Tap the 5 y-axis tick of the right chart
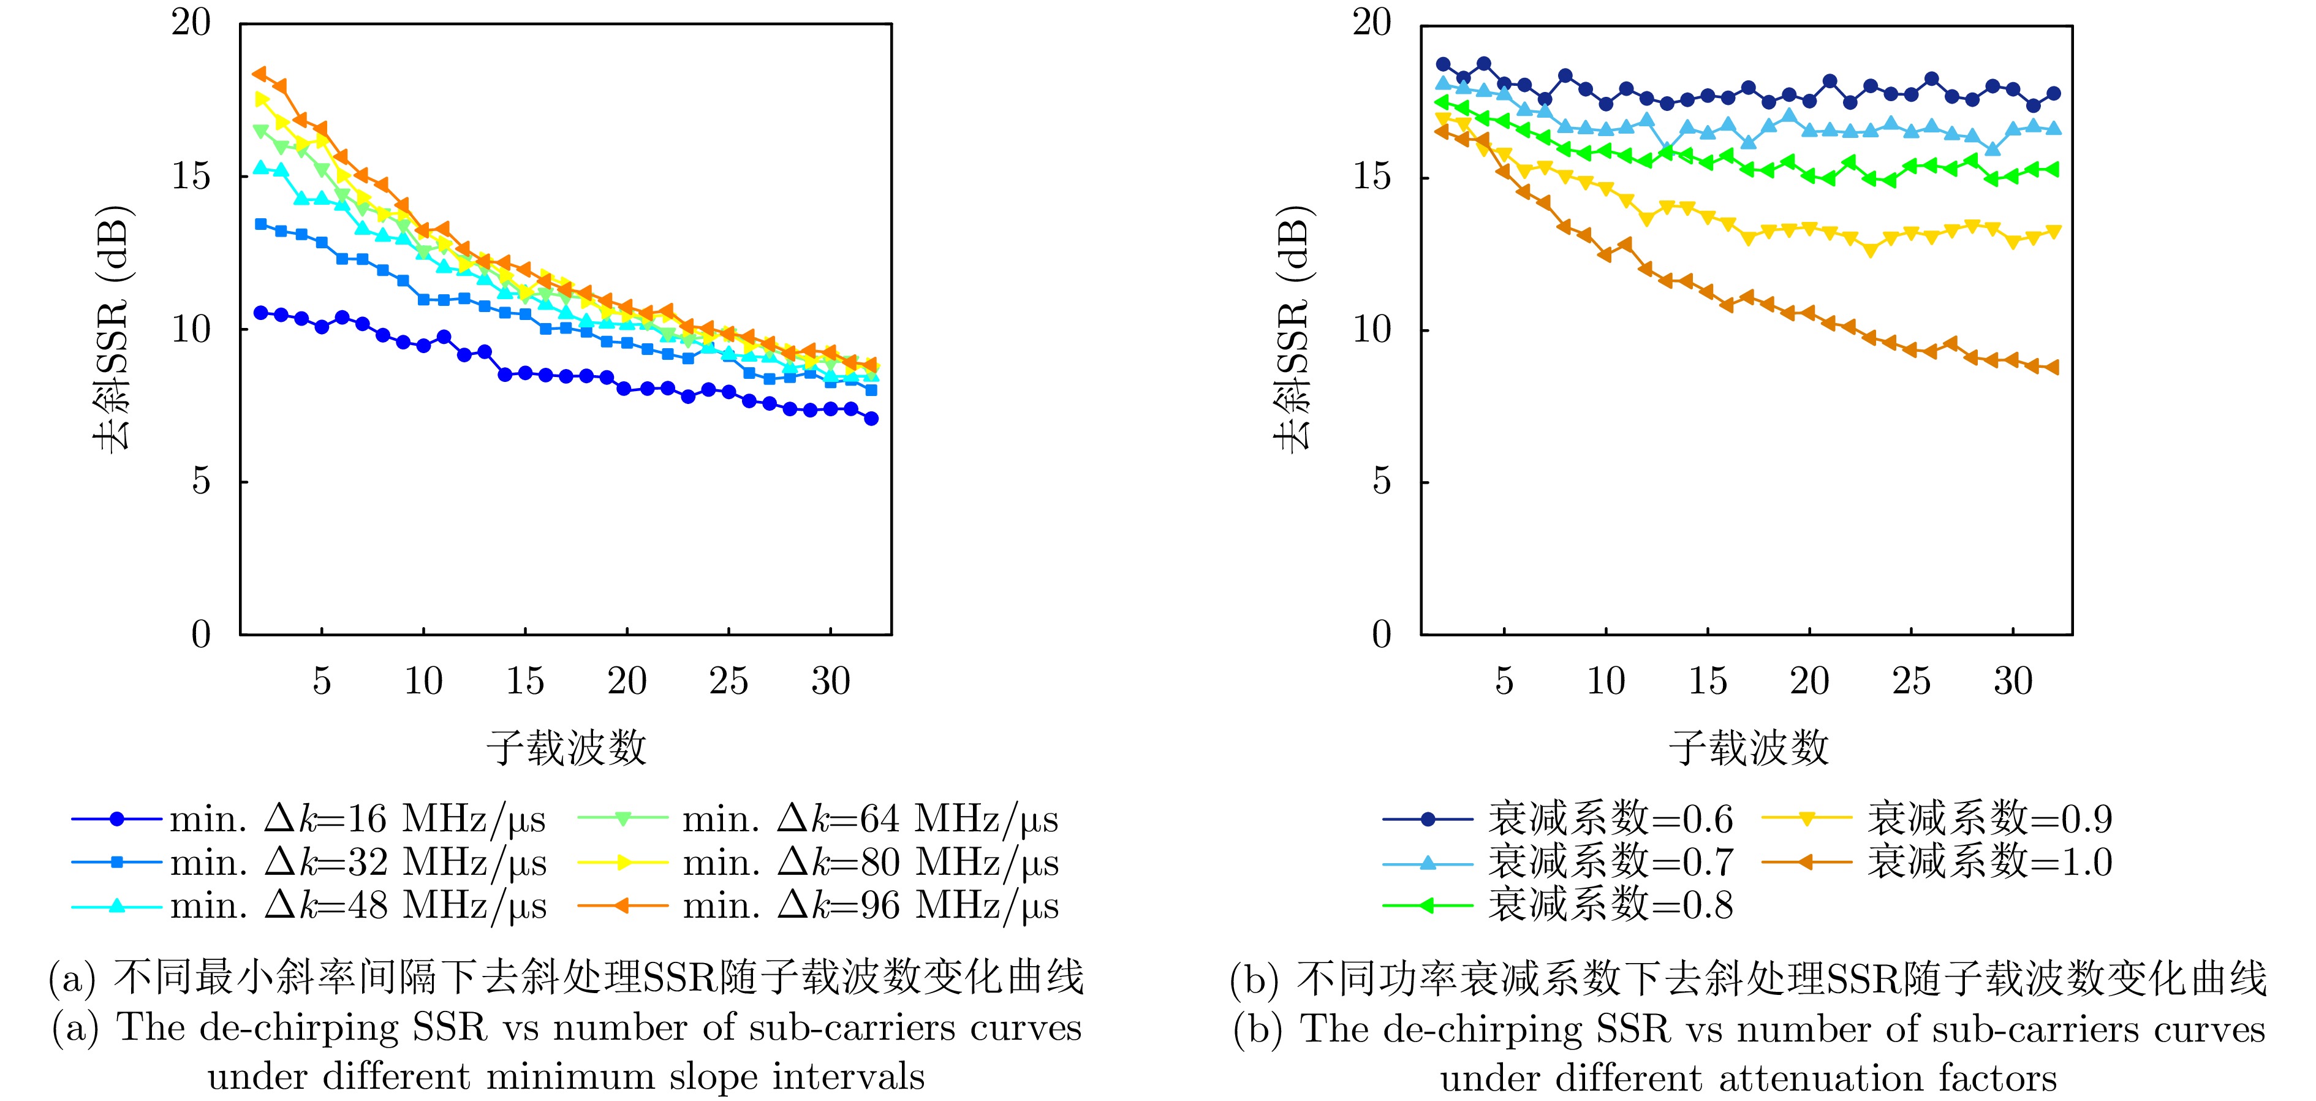coord(1382,482)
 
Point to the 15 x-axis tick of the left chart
coord(525,681)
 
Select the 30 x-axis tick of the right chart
coord(2013,681)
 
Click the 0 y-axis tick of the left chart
coord(202,635)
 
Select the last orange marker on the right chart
coord(2053,367)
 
